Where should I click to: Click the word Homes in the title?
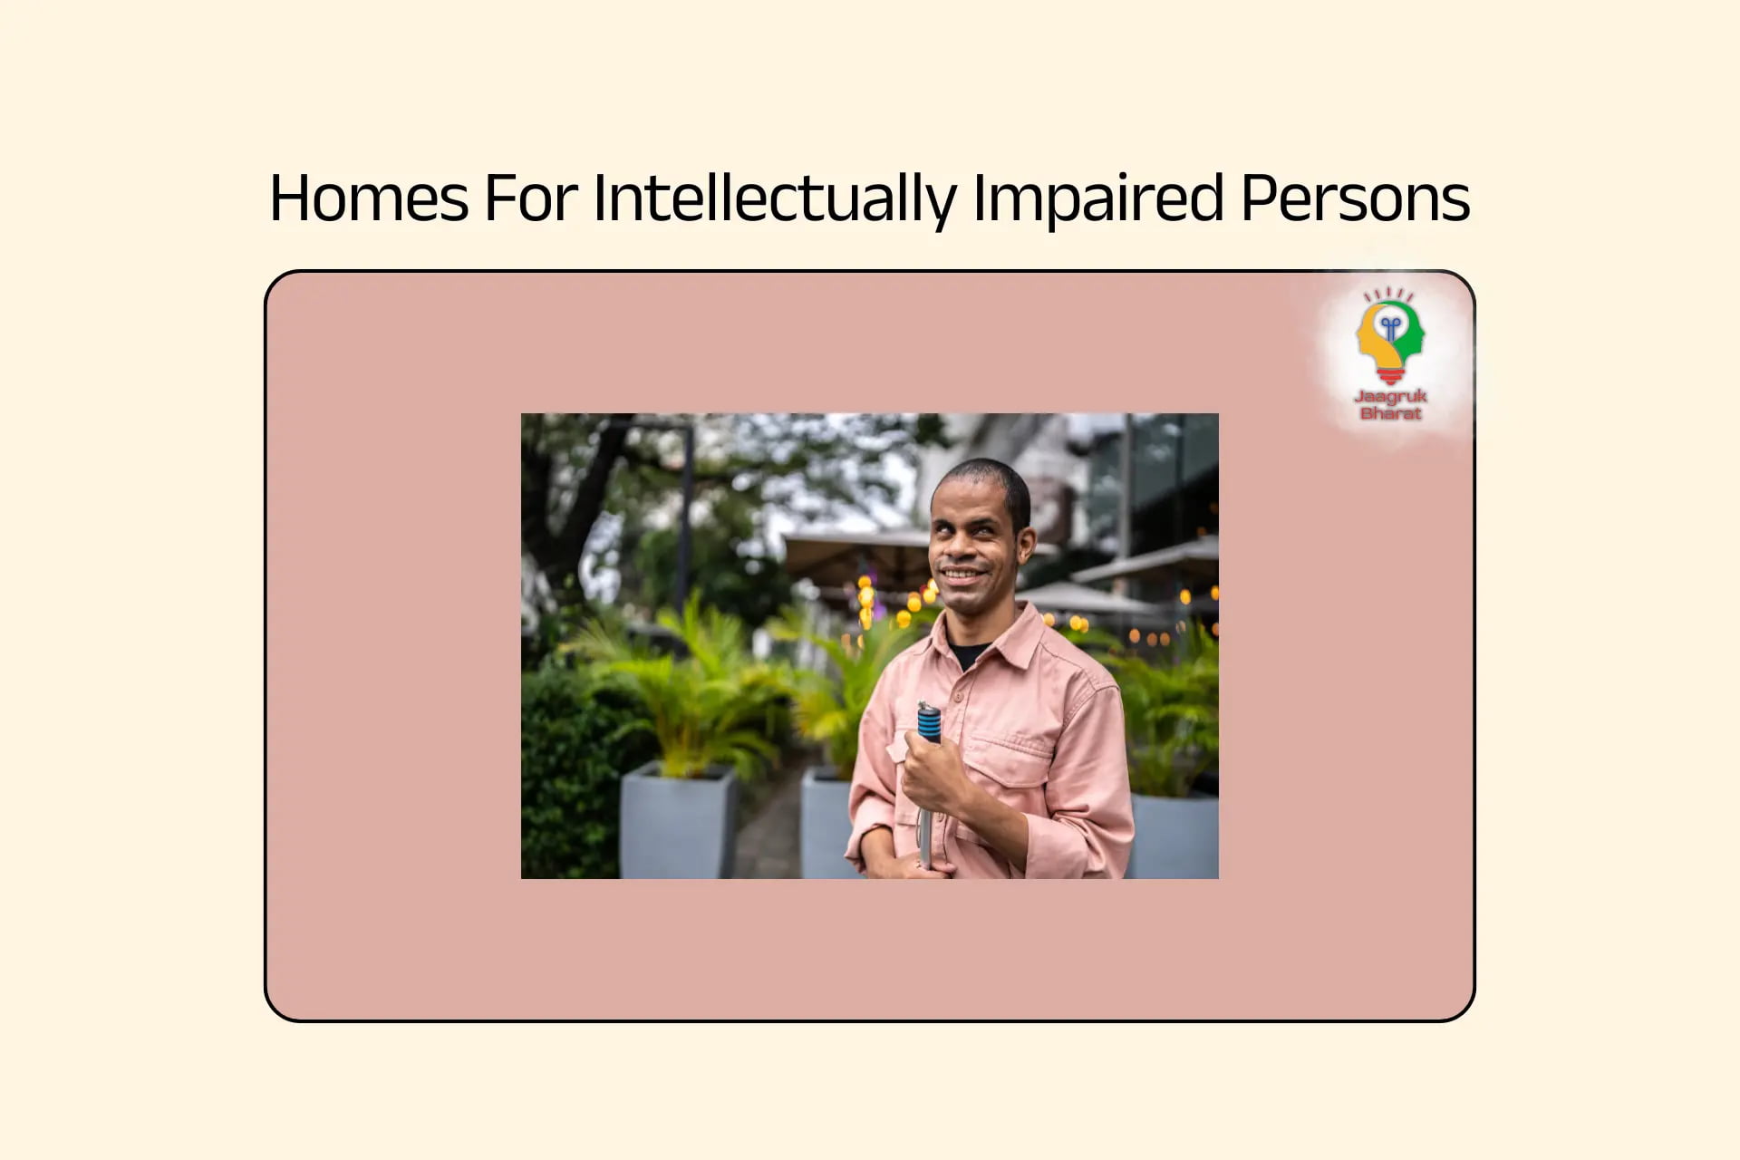pyautogui.click(x=369, y=198)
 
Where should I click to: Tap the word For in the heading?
pyautogui.click(x=531, y=198)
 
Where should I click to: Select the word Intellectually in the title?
pyautogui.click(x=775, y=200)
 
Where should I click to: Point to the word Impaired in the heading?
pyautogui.click(x=1098, y=200)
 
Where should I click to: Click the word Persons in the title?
pyautogui.click(x=1355, y=198)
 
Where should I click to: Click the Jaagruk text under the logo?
pyautogui.click(x=1390, y=396)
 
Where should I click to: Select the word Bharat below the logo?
pyautogui.click(x=1390, y=413)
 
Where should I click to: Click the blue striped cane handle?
pyautogui.click(x=928, y=722)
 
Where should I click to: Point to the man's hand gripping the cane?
pyautogui.click(x=933, y=775)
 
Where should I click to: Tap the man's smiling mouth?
pyautogui.click(x=963, y=575)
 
